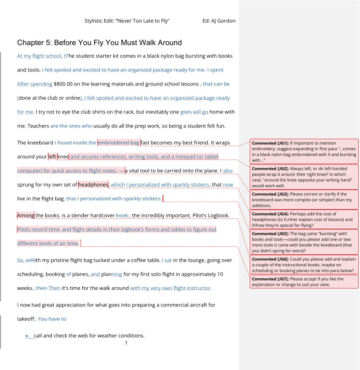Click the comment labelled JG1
[304, 151]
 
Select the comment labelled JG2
[304, 177]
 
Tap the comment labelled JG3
[304, 199]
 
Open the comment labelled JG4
[304, 219]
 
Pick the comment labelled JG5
[304, 242]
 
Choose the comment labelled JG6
[304, 265]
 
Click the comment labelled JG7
[304, 282]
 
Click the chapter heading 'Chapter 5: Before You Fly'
[99, 43]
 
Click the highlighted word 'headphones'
[93, 184]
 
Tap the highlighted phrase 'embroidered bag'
[118, 143]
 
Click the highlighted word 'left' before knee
[52, 156]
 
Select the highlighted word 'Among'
[25, 216]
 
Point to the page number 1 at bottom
[126, 343]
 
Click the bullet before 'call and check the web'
[27, 336]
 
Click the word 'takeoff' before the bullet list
[25, 319]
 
